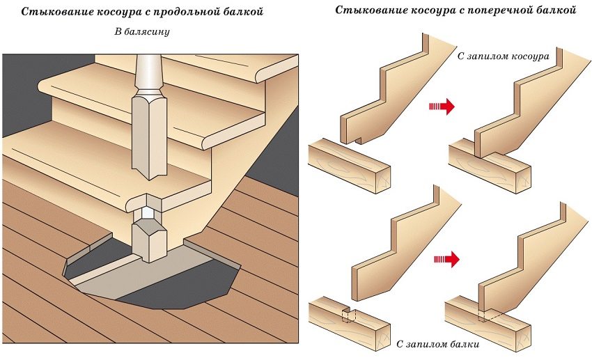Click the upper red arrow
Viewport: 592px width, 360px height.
443,106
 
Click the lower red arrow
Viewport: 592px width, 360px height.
448,260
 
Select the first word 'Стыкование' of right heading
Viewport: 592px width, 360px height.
370,11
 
